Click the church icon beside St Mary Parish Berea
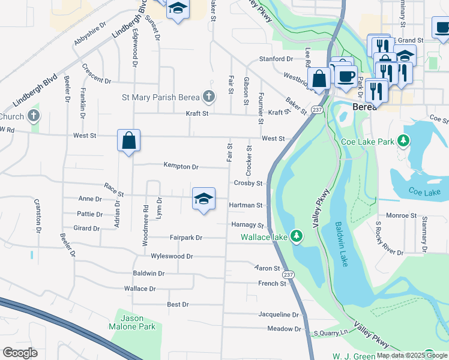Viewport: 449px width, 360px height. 208,96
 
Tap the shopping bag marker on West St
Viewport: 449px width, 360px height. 129,141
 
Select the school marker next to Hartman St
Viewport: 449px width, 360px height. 203,199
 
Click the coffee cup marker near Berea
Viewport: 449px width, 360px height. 345,76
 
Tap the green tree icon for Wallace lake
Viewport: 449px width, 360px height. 295,235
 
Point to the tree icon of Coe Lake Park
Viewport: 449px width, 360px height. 405,141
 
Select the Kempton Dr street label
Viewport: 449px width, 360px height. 181,166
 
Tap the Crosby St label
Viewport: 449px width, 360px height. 248,183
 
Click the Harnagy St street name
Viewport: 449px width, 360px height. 247,225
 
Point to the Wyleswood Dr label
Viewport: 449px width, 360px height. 172,256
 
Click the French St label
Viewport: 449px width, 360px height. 272,283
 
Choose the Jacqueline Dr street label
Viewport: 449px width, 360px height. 278,314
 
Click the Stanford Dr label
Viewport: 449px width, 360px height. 276,59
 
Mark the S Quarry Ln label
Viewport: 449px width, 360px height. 330,332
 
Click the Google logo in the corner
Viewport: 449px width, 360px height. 20,353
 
